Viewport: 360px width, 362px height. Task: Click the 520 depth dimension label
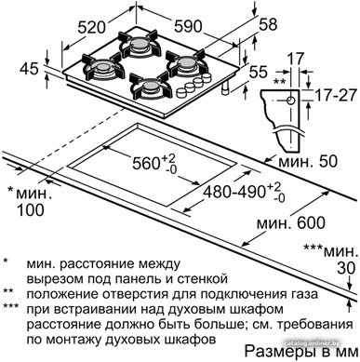[91, 27]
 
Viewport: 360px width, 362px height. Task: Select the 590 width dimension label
[188, 26]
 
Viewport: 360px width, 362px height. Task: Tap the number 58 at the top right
[267, 25]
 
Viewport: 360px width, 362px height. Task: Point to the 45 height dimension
[29, 69]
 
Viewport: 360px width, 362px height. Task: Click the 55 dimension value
[258, 72]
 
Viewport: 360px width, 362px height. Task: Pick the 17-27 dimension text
[336, 95]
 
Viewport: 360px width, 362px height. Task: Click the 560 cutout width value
[146, 164]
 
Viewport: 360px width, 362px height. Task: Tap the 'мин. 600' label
[291, 222]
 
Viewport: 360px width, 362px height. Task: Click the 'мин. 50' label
[308, 162]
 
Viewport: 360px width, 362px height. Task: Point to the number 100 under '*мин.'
[31, 210]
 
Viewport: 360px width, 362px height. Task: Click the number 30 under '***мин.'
[346, 268]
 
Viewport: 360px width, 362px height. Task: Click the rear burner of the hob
[140, 44]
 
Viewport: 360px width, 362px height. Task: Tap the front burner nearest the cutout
[151, 87]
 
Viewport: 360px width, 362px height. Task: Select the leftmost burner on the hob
[101, 68]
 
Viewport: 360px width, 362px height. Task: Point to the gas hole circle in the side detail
[290, 101]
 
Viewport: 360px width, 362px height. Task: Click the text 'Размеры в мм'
[301, 352]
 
